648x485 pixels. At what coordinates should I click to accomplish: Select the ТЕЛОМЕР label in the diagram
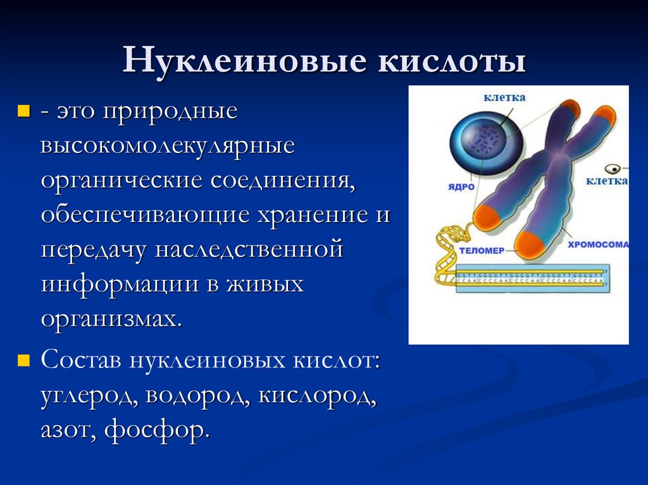coord(482,250)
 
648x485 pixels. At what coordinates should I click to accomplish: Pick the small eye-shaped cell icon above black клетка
coord(612,169)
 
